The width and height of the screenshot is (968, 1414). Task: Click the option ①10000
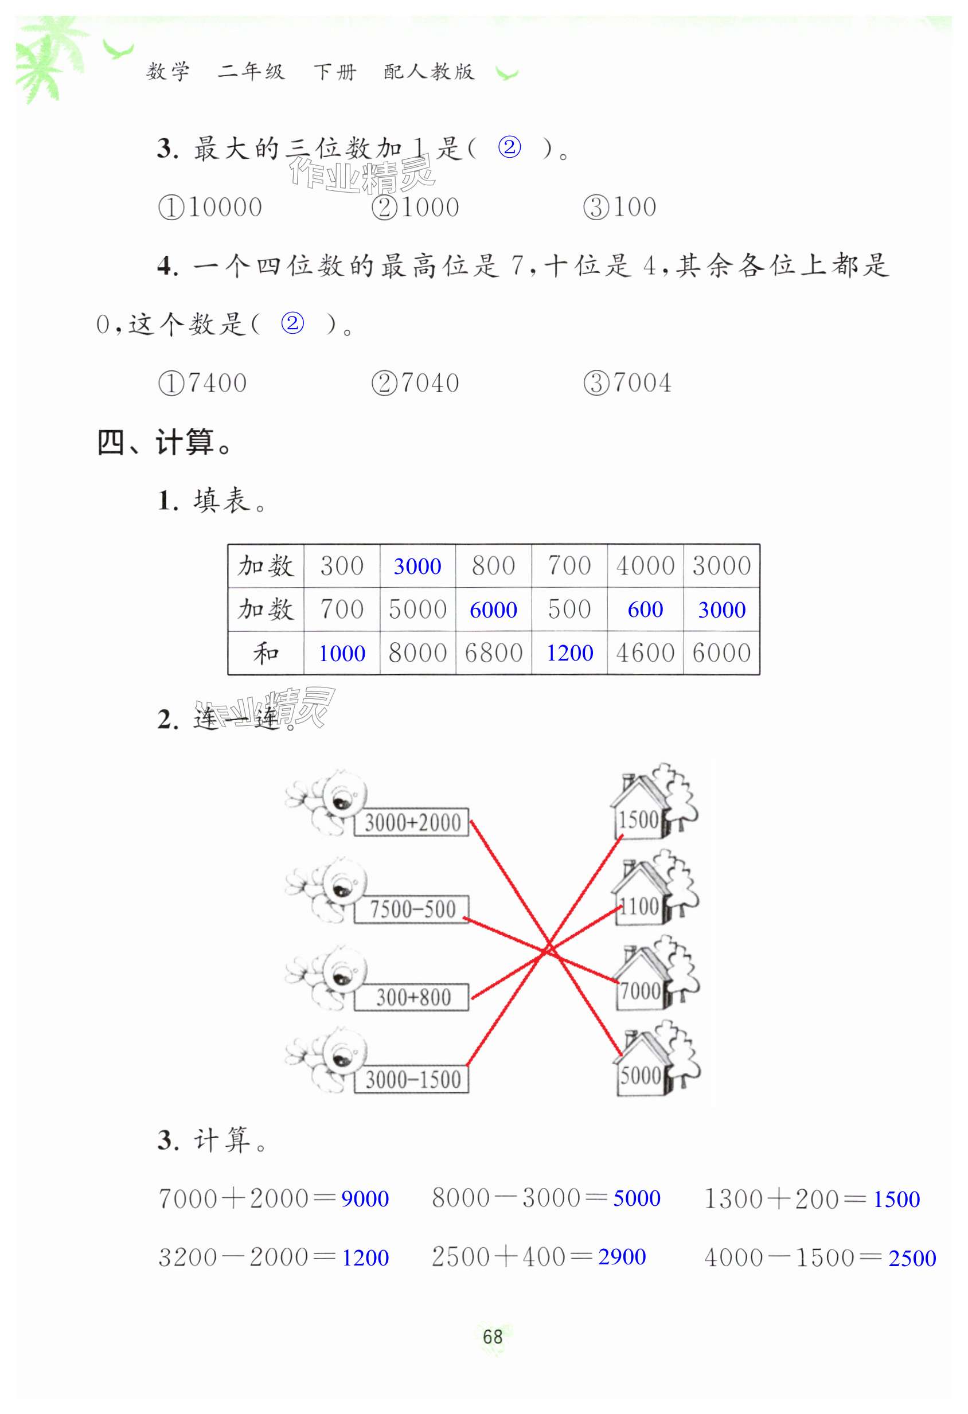click(x=210, y=208)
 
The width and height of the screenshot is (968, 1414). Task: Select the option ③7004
click(x=627, y=383)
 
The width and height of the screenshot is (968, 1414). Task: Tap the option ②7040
click(x=416, y=383)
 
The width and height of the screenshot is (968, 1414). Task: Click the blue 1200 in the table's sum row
click(x=569, y=653)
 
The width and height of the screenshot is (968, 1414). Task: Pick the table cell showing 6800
click(x=493, y=653)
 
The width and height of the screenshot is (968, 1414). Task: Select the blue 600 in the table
click(x=645, y=609)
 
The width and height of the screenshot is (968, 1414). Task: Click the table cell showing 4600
click(x=645, y=653)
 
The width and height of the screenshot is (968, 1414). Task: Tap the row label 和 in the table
click(x=266, y=653)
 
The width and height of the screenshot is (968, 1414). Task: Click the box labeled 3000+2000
click(x=412, y=822)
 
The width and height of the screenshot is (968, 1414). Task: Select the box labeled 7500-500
click(x=412, y=909)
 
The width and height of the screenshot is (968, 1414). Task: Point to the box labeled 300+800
click(x=412, y=997)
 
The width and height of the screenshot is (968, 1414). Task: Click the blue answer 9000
click(x=365, y=1198)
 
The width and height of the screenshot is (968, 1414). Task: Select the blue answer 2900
click(x=621, y=1256)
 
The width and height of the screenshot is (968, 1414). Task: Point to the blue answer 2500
click(x=911, y=1257)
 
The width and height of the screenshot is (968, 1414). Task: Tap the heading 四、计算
click(x=164, y=442)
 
